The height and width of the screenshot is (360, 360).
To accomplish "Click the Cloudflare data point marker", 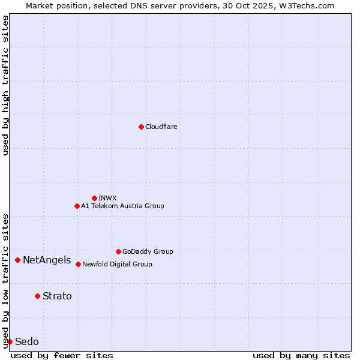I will (141, 127).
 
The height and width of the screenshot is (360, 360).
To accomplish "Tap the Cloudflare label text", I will (161, 127).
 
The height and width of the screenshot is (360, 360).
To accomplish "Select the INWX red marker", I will (94, 198).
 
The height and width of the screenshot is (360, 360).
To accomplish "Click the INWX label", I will (108, 198).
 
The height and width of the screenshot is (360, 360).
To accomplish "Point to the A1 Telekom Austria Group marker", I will (77, 206).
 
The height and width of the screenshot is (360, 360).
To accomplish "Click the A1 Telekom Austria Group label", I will (122, 206).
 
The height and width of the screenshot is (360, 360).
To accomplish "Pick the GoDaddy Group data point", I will (118, 251).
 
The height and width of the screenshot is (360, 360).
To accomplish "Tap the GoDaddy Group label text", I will (148, 251).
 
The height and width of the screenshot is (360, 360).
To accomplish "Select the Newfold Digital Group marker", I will (78, 264).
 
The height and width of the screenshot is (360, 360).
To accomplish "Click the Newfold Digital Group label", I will (117, 264).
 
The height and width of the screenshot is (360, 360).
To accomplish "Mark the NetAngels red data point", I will (18, 260).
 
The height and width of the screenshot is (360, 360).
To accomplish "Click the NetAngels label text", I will (47, 260).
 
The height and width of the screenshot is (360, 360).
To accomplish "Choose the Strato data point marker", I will (37, 296).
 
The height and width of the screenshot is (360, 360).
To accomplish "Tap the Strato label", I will (57, 296).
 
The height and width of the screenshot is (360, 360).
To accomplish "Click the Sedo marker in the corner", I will (10, 341).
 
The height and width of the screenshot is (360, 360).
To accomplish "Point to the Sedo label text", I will (26, 342).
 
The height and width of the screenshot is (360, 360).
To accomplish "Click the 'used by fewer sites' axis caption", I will (62, 355).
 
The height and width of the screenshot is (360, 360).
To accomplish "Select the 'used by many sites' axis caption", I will (301, 355).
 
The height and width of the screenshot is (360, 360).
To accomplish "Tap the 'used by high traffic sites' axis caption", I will (5, 85).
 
